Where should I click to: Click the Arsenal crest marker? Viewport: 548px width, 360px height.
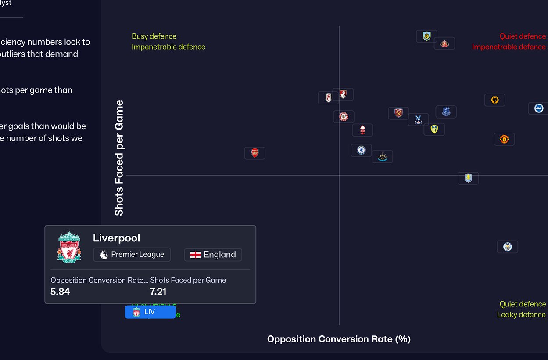[x=255, y=153]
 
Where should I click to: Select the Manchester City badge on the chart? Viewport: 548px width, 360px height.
[x=507, y=247]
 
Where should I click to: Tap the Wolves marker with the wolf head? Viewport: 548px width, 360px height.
[x=494, y=100]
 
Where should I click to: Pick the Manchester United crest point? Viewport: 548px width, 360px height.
[x=504, y=139]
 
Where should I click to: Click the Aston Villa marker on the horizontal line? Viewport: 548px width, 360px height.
[x=468, y=178]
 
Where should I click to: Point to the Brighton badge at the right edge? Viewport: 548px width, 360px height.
[x=538, y=108]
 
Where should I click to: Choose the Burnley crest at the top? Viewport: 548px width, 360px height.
[x=426, y=36]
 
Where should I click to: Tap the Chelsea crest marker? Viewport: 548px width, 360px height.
[x=361, y=150]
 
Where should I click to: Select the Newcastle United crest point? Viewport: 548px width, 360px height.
[x=382, y=156]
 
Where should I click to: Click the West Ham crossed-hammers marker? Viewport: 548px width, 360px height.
[x=398, y=113]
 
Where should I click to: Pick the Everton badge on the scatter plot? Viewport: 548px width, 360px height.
[x=446, y=112]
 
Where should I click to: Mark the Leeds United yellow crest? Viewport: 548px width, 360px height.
[x=434, y=129]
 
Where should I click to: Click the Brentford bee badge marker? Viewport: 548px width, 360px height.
[x=344, y=117]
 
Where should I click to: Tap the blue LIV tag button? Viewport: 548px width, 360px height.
[x=150, y=312]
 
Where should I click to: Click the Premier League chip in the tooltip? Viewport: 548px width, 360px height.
[x=132, y=255]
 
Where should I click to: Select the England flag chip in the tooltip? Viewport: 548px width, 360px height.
[x=213, y=255]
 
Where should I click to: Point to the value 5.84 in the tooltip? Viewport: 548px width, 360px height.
[x=60, y=292]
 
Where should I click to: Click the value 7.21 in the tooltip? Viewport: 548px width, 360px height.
[x=158, y=292]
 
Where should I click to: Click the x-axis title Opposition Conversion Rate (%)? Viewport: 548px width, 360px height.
[x=339, y=339]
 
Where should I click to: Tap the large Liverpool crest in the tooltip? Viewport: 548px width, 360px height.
[x=69, y=248]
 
